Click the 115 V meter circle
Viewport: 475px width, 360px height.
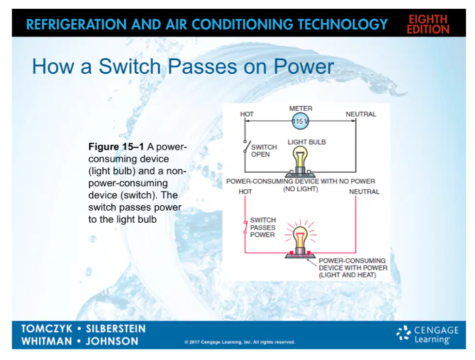[x=300, y=121]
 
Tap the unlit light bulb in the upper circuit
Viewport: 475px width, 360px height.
[x=300, y=161]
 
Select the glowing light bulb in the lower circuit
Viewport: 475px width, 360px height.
[x=300, y=242]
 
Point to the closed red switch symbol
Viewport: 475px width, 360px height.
[x=246, y=227]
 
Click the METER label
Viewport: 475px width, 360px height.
[x=300, y=109]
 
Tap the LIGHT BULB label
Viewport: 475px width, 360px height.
[x=307, y=142]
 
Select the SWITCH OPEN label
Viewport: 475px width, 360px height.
[x=264, y=150]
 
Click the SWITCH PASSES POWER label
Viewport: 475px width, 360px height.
[x=263, y=227]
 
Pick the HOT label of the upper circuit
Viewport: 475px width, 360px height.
[x=247, y=114]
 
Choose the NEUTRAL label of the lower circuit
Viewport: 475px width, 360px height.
[x=364, y=192]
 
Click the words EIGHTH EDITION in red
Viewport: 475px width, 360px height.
[x=428, y=24]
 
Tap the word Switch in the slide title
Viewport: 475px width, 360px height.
[x=130, y=66]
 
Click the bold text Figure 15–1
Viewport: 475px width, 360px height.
[x=116, y=147]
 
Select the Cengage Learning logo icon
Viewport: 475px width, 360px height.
[x=404, y=333]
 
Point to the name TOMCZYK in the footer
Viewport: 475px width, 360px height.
[x=47, y=328]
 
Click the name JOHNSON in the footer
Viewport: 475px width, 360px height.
[x=112, y=341]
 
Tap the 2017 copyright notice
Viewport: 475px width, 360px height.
[x=240, y=342]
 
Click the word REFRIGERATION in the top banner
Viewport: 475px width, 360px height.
[x=76, y=25]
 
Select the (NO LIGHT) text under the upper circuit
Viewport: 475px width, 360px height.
[x=300, y=189]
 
